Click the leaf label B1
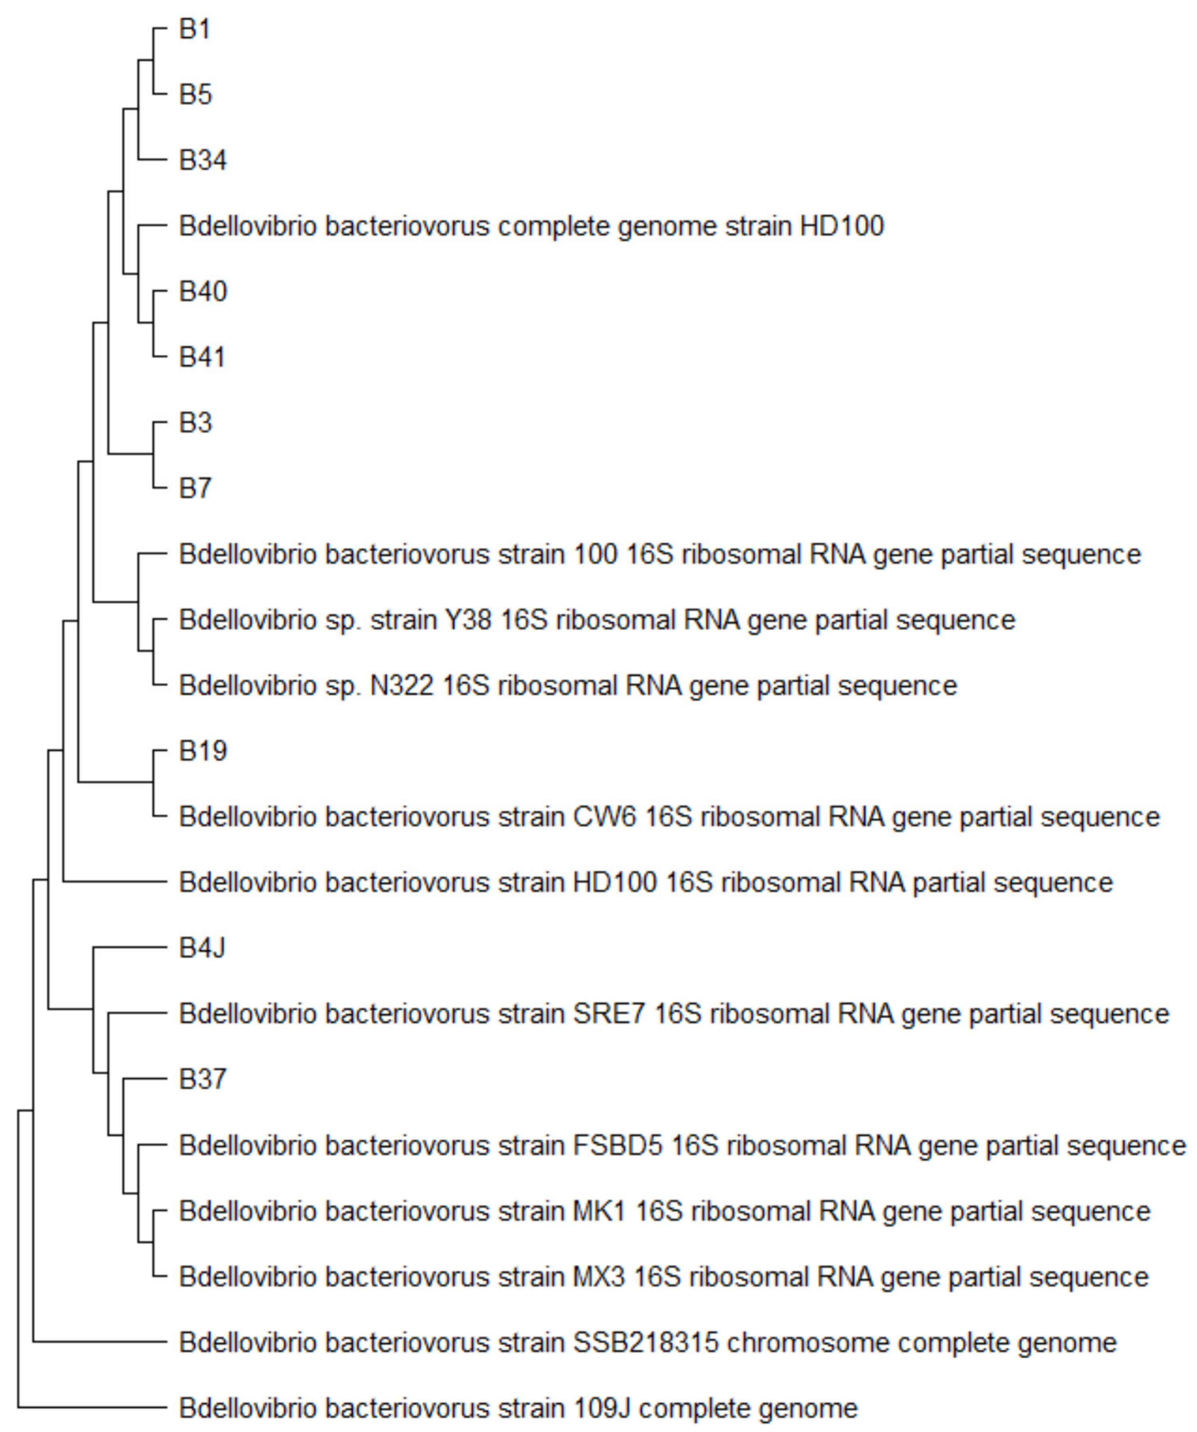pos(195,29)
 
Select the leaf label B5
pos(196,95)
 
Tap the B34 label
pos(202,160)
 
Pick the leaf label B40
pos(202,292)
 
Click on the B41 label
pos(202,357)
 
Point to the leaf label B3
pos(196,423)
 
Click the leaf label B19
pos(202,751)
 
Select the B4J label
pos(202,948)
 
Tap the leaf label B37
pos(202,1079)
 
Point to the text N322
pos(402,685)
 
